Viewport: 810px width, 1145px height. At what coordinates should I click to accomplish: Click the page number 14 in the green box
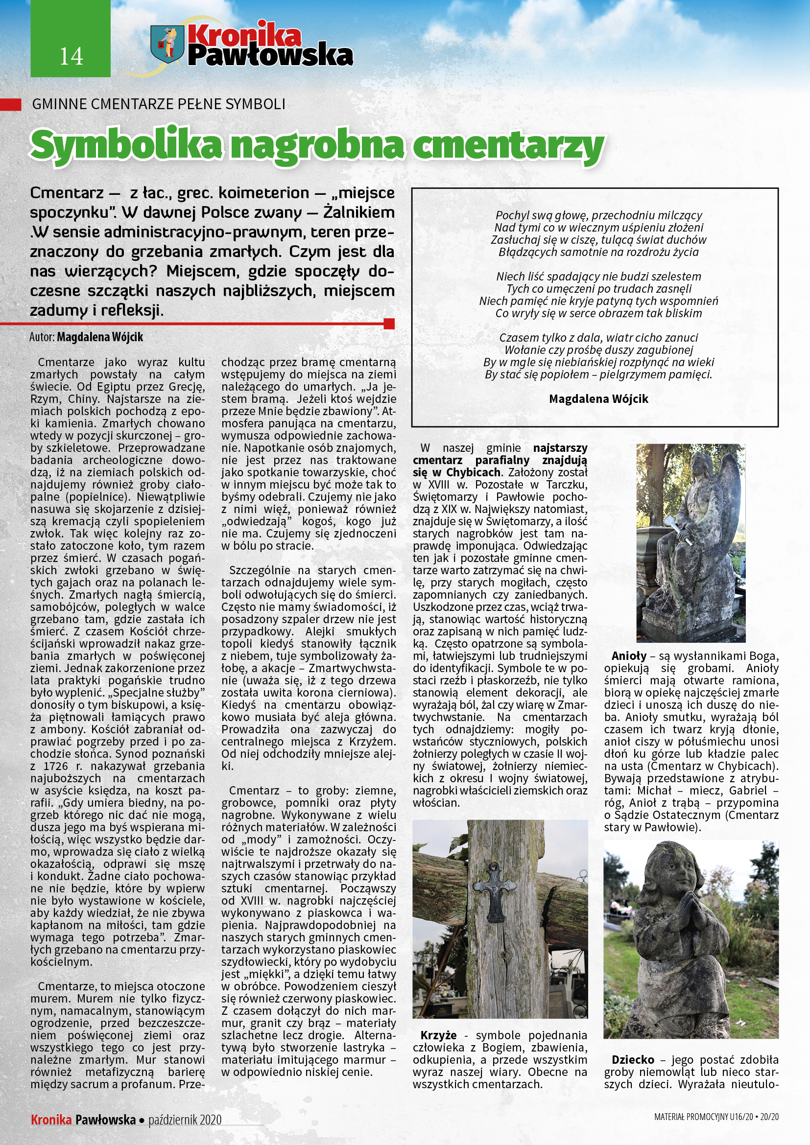(71, 56)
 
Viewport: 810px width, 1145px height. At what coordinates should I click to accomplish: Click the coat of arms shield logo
(167, 44)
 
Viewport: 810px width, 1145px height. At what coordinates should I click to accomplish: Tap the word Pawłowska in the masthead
(270, 55)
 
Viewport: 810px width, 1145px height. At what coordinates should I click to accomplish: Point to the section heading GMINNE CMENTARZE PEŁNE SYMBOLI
(159, 104)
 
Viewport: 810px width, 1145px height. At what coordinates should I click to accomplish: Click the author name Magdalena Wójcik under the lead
(100, 337)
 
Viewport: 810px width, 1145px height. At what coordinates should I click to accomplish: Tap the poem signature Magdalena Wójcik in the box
(598, 399)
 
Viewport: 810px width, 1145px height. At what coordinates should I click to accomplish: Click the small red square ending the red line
(389, 324)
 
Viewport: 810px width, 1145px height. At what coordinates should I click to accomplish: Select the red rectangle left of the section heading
(10, 104)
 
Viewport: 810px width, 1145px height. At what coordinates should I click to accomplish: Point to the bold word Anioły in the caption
(628, 656)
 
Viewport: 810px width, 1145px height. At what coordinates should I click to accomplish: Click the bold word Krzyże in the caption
(438, 1035)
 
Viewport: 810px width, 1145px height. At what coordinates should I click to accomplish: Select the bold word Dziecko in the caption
(632, 1060)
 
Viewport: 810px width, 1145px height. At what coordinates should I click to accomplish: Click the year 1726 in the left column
(56, 766)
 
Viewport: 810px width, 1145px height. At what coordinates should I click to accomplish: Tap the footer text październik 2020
(185, 1120)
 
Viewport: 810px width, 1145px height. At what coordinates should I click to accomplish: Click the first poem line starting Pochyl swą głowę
(598, 215)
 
